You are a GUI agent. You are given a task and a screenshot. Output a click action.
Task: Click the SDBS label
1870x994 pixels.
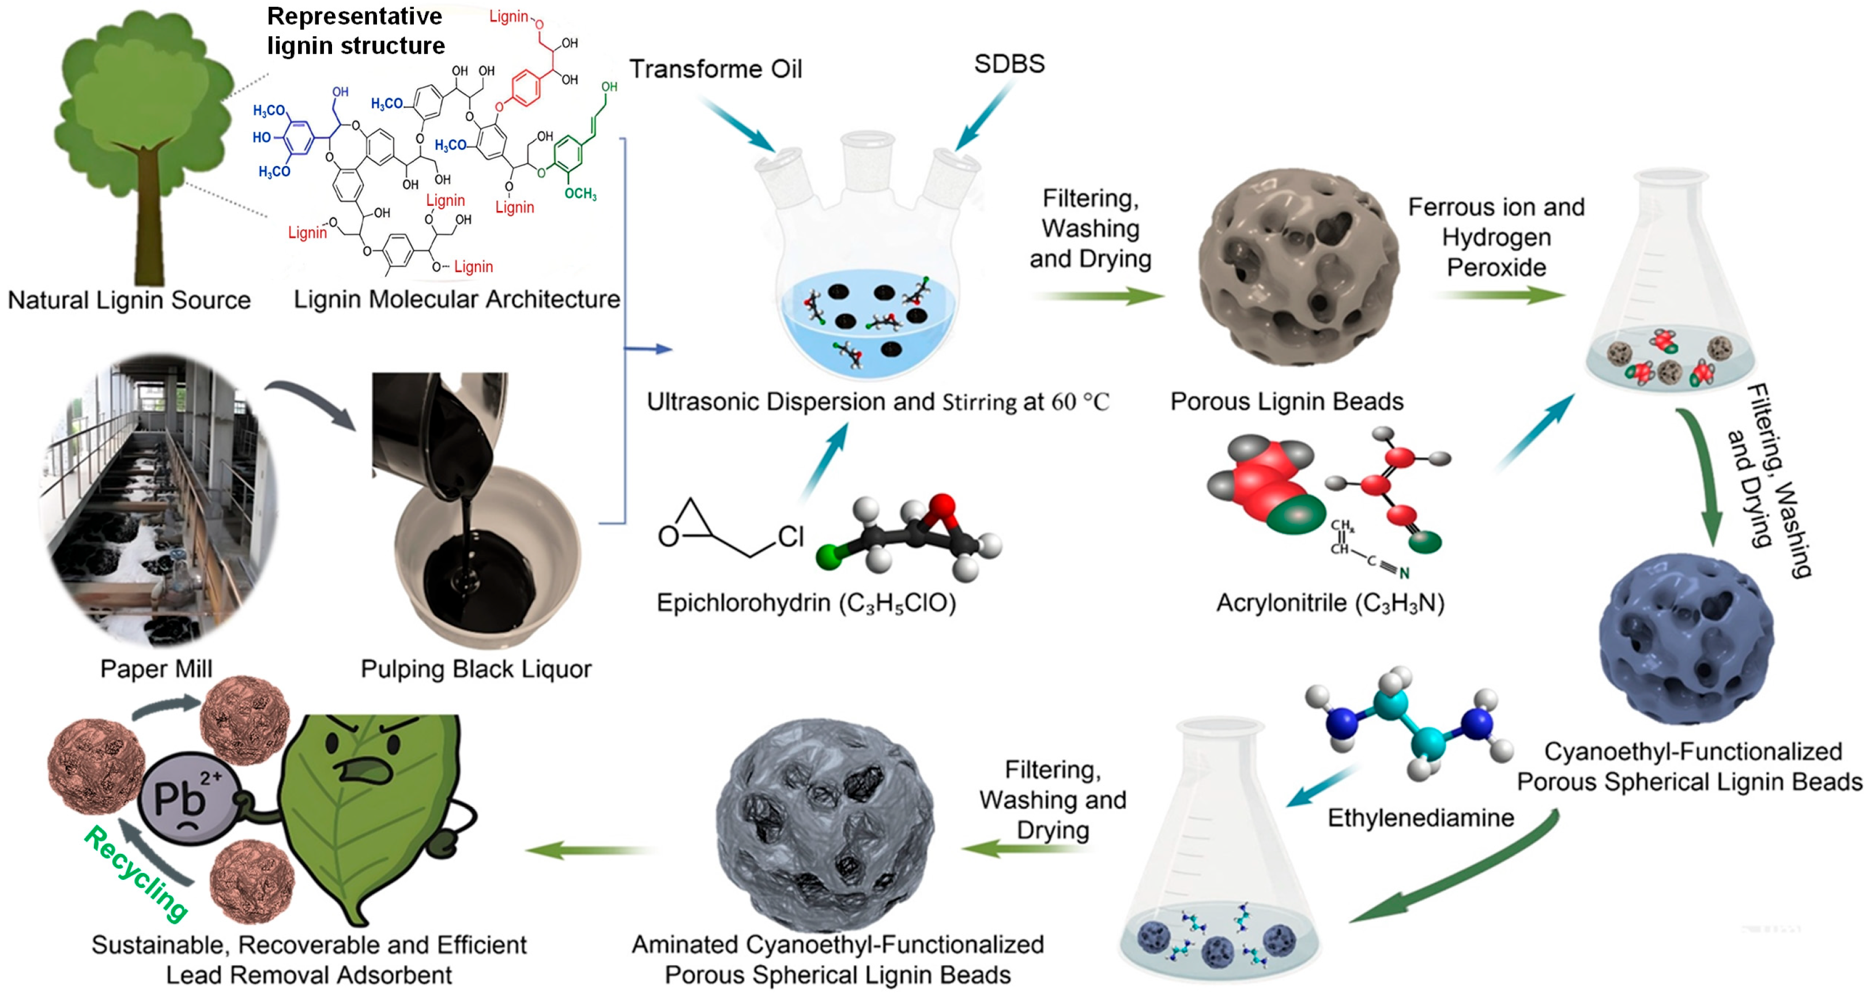[x=1009, y=64]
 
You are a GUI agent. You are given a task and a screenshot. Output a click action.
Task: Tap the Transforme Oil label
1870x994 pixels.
[x=715, y=69]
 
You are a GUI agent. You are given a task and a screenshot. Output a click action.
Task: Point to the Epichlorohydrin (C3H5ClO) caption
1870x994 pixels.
[x=806, y=603]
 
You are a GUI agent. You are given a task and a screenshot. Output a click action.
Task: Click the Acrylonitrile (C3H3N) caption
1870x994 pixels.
[x=1330, y=603]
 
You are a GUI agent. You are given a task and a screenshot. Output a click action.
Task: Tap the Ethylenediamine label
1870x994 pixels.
[x=1420, y=818]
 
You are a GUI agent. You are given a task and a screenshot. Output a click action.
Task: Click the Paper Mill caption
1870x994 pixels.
[x=156, y=669]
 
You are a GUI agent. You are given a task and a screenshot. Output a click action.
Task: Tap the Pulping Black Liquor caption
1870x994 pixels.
[x=476, y=669]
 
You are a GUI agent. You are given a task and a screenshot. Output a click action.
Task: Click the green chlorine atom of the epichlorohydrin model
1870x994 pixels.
[x=828, y=557]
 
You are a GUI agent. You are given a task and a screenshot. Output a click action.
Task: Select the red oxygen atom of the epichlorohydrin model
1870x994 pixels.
[x=941, y=505]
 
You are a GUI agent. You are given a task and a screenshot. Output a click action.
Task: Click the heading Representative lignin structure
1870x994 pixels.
[x=355, y=31]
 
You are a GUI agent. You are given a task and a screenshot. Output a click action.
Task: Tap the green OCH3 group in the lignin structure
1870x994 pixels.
[x=580, y=194]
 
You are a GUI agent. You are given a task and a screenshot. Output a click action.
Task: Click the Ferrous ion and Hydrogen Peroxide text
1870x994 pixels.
[x=1496, y=237]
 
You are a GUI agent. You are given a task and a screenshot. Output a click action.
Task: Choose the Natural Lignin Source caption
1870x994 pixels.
[x=129, y=300]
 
